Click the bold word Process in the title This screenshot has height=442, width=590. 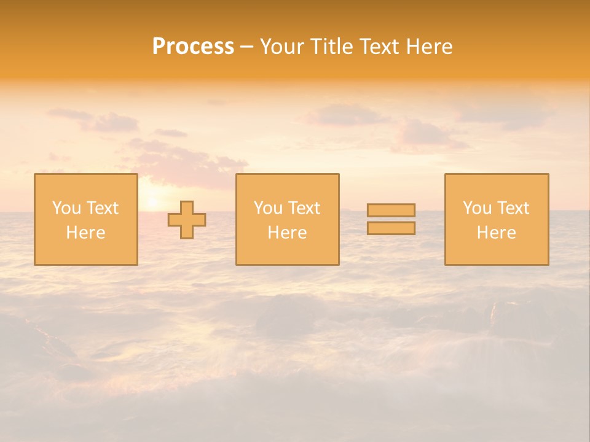pos(193,47)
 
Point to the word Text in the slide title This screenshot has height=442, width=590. pos(380,47)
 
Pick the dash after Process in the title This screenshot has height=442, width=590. pos(246,47)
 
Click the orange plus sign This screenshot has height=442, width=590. pos(187,220)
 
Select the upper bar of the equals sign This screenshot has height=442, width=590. pos(391,210)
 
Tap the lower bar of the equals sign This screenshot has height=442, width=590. pos(391,228)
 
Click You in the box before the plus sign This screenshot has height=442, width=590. pos(65,208)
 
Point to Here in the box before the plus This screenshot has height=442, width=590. pos(85,233)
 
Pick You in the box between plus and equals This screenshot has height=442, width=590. pos(267,208)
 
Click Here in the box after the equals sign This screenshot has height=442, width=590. pos(496,233)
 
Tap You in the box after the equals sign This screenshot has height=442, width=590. pos(476,208)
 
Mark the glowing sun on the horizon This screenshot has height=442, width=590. pos(152,202)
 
